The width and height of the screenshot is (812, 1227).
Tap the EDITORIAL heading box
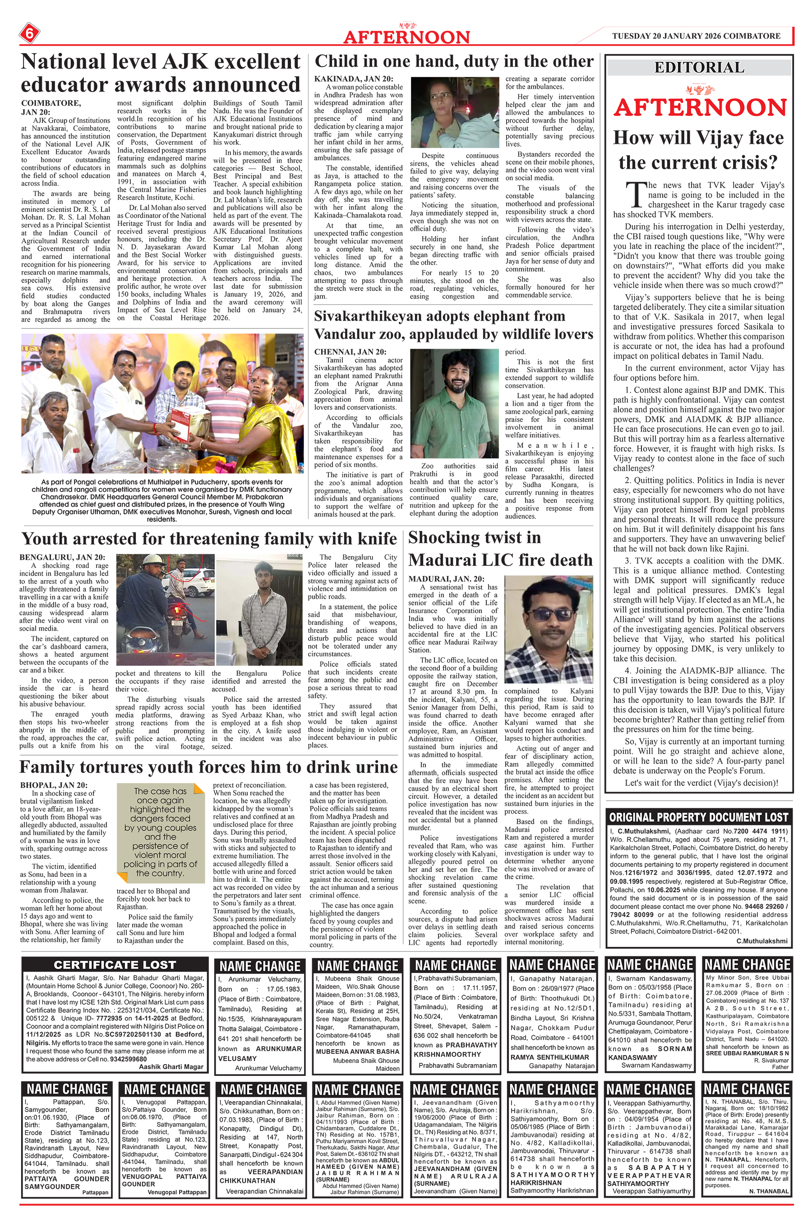click(x=699, y=67)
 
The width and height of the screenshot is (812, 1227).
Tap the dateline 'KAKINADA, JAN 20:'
click(x=354, y=78)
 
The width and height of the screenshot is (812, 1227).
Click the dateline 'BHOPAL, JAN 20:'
click(x=54, y=785)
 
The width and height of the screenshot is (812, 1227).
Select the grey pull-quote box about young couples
click(x=160, y=834)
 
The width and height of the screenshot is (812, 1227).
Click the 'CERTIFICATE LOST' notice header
click(x=115, y=964)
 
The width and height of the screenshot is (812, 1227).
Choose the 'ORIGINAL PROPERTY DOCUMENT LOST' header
click(x=699, y=817)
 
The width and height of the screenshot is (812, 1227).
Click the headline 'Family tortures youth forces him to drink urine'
click(x=208, y=767)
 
